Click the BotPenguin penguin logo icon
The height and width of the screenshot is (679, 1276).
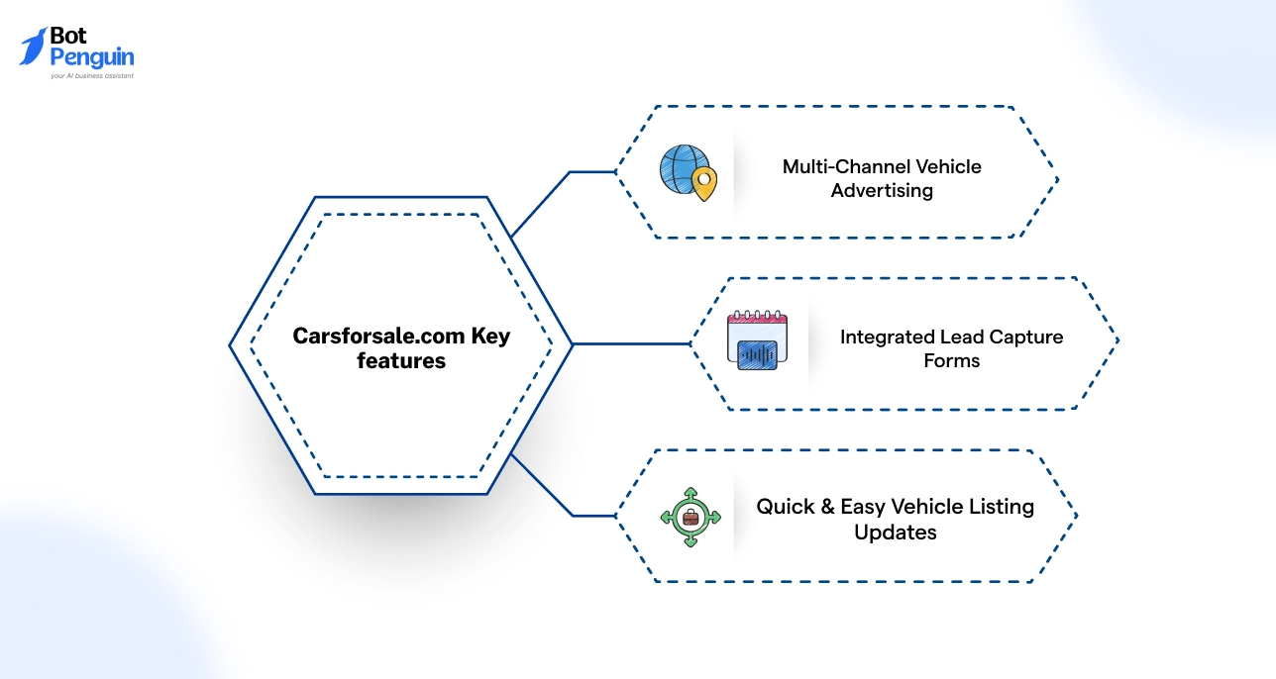33,48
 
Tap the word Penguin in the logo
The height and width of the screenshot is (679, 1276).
92,58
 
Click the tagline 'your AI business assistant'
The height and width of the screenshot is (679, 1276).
92,75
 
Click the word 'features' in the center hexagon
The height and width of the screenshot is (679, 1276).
401,361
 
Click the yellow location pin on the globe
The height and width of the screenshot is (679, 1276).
703,183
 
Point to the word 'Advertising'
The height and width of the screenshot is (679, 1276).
882,191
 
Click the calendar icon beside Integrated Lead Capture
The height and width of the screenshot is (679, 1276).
758,341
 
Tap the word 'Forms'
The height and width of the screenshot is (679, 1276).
952,361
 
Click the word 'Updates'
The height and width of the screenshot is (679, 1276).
896,533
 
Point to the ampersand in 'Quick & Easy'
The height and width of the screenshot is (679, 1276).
825,507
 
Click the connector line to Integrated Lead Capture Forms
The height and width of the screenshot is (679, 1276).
631,344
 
